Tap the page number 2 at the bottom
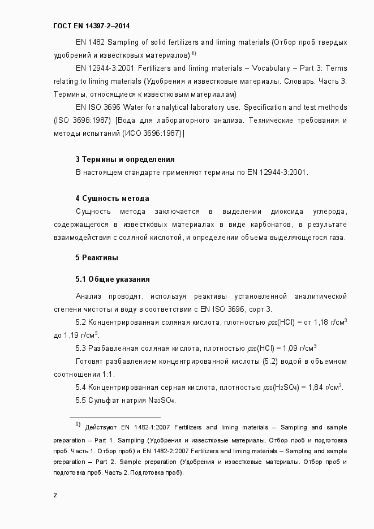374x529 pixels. [55, 496]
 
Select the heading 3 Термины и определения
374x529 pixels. [124, 159]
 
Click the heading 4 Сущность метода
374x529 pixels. [112, 198]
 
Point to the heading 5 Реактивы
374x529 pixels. [97, 258]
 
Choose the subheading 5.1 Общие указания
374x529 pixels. [112, 279]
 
